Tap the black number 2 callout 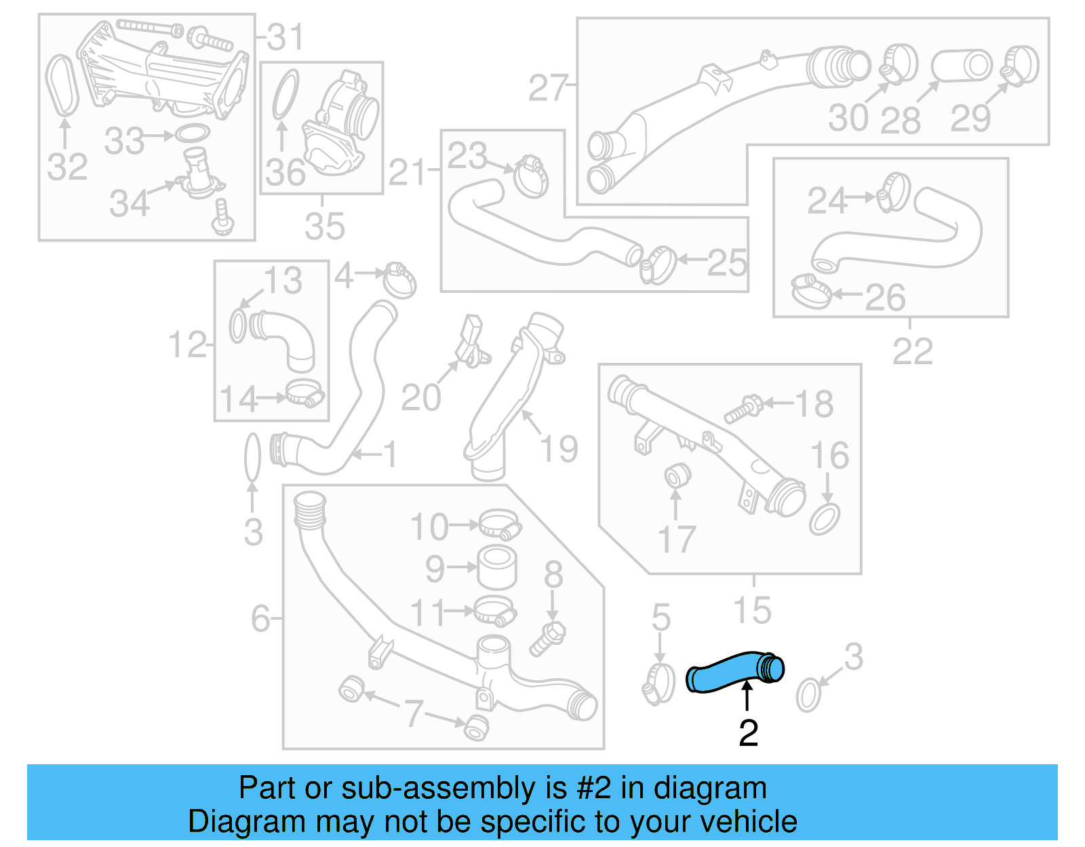pyautogui.click(x=748, y=733)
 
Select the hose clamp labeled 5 pyautogui.click(x=658, y=683)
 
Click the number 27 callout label pyautogui.click(x=547, y=88)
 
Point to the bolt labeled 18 pyautogui.click(x=743, y=408)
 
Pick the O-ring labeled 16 pyautogui.click(x=825, y=519)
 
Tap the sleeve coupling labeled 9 pyautogui.click(x=497, y=567)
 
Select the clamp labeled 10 pyautogui.click(x=499, y=524)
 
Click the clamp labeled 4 pyautogui.click(x=399, y=279)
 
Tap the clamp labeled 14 pyautogui.click(x=304, y=393)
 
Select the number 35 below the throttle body pyautogui.click(x=324, y=226)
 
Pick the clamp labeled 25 pyautogui.click(x=657, y=265)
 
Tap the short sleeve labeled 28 pyautogui.click(x=962, y=66)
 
